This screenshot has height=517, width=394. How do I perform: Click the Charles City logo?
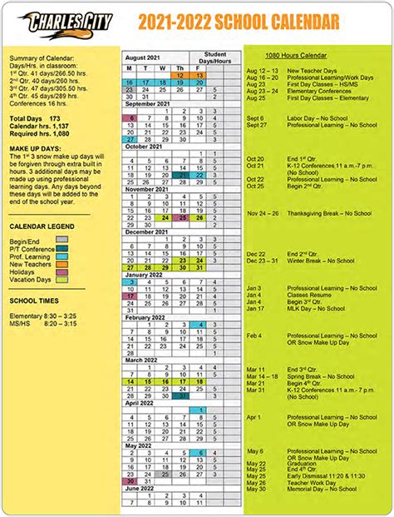click(x=59, y=20)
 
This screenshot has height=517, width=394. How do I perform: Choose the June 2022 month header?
click(x=144, y=489)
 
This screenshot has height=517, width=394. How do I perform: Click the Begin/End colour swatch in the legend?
click(x=62, y=239)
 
